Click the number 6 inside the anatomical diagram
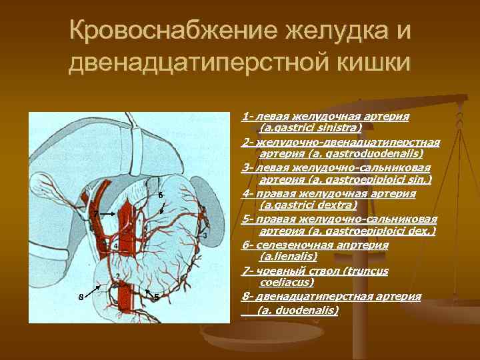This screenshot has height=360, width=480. point(161,195)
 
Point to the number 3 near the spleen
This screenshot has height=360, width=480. point(205,237)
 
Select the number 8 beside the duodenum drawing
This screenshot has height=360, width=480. point(116,246)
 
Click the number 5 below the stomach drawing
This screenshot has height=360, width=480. point(156,297)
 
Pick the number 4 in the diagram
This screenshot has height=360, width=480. point(116,246)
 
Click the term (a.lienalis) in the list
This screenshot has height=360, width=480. point(288,257)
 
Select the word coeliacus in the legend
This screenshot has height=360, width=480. point(285,282)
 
